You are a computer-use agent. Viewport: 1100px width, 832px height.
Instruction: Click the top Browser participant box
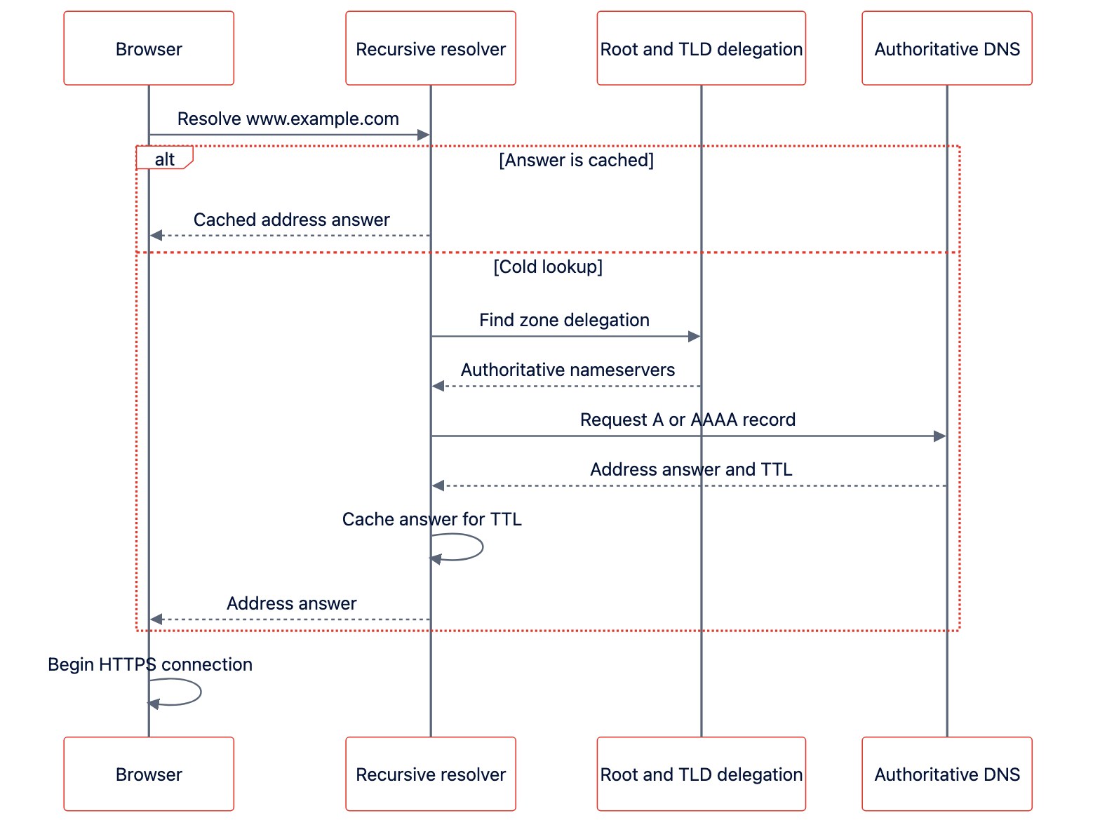pos(148,48)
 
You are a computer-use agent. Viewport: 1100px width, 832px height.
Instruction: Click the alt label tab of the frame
pos(163,156)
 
